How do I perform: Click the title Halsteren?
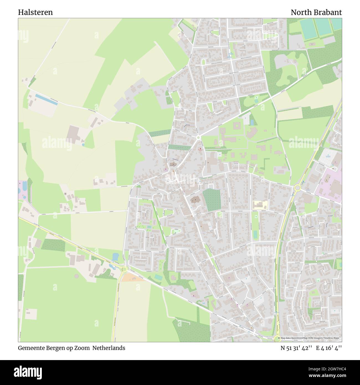tap(35, 12)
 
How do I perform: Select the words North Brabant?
tap(316, 12)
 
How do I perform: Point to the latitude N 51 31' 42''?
tap(296, 348)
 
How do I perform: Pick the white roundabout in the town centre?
tap(198, 137)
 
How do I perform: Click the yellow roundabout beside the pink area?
tap(297, 188)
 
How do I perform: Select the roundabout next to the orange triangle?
tap(124, 269)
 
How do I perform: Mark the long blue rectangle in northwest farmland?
tap(46, 99)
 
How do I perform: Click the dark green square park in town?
tap(212, 200)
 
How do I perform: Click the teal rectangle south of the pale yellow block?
tap(255, 234)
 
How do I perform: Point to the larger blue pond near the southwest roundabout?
tap(115, 257)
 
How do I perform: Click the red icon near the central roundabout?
tap(201, 149)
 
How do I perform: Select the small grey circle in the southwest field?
tap(65, 194)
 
